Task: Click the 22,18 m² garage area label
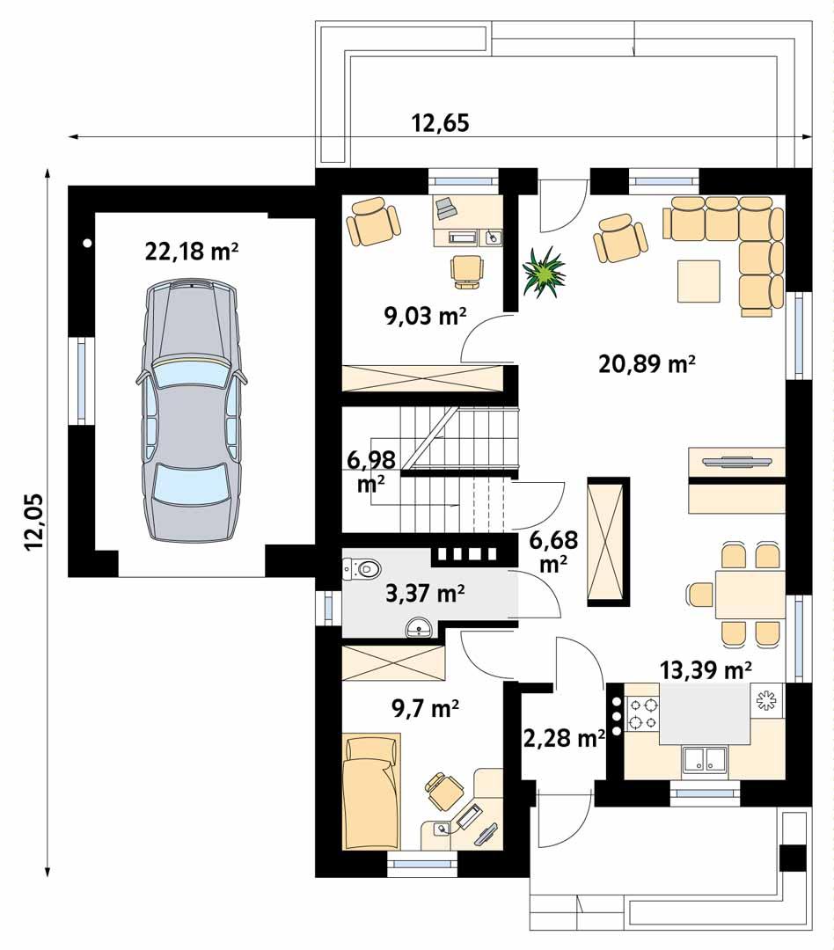pos(192,252)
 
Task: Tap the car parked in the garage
pos(190,414)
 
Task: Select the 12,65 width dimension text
pos(440,123)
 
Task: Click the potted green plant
pos(545,272)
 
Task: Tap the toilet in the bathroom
pos(362,569)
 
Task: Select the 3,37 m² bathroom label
pos(426,595)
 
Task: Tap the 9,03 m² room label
pos(425,316)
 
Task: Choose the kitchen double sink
pos(704,758)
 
